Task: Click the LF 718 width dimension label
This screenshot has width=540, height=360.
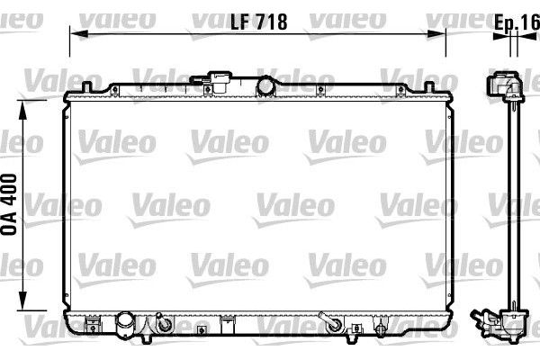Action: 258,22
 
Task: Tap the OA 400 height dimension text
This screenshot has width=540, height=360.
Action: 9,204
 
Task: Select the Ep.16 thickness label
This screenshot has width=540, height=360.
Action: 517,22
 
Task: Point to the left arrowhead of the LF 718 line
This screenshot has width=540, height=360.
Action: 78,34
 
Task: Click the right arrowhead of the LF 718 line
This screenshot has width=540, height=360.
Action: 436,34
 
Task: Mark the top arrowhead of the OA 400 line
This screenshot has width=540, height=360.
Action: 22,110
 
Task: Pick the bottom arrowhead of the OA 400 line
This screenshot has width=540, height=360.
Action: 22,301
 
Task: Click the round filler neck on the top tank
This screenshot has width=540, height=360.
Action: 265,85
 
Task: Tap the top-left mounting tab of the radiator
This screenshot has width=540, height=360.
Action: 86,86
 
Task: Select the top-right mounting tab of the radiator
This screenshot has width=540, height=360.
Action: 429,86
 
